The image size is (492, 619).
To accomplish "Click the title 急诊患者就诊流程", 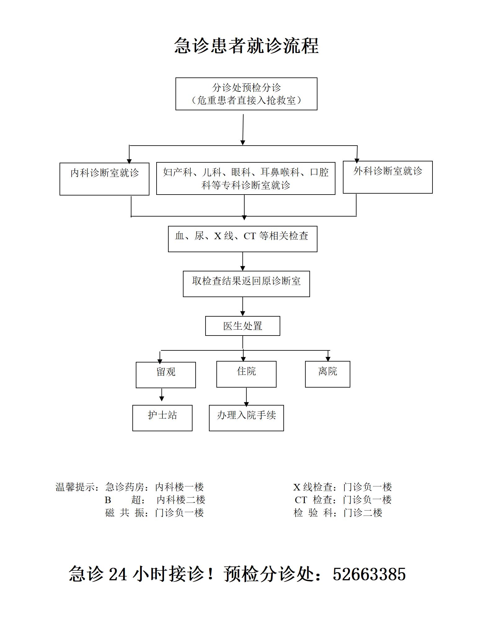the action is [x=246, y=46].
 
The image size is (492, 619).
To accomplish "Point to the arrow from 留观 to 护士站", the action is [x=162, y=395].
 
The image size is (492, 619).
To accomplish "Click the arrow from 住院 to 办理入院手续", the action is [x=246, y=397].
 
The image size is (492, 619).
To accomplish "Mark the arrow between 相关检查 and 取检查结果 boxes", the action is [x=243, y=261].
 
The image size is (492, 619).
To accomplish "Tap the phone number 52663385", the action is [x=369, y=574].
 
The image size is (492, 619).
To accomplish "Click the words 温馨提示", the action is [x=75, y=487].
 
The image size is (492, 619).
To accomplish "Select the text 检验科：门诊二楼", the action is [x=338, y=513].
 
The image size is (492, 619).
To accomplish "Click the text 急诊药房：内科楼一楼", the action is [x=154, y=487].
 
